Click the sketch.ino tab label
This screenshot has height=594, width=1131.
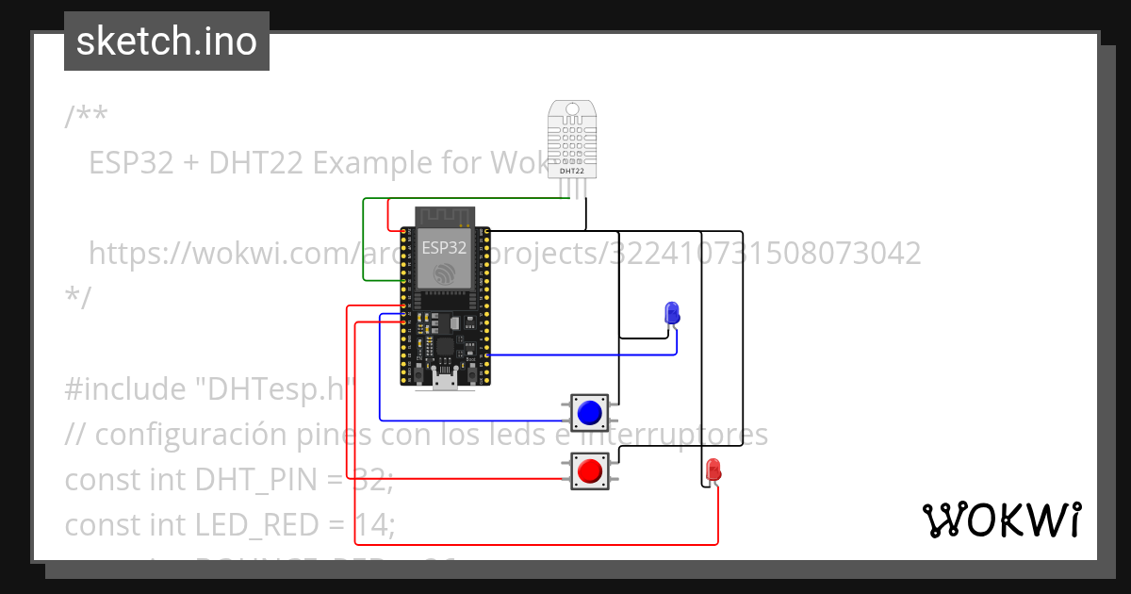[167, 41]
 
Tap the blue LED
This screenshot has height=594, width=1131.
[672, 312]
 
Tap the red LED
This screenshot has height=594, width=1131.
[713, 469]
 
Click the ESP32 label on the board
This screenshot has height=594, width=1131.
[443, 248]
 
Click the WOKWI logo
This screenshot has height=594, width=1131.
[1001, 520]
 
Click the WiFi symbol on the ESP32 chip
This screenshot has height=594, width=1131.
[443, 273]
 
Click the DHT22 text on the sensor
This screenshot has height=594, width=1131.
[572, 172]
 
